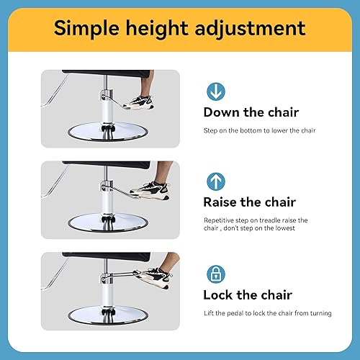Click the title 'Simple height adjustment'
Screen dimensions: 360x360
[x=180, y=30]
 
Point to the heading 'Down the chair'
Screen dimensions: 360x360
[x=250, y=112]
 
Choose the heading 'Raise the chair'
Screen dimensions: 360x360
[x=249, y=202]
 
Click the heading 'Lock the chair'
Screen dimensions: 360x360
[x=247, y=294]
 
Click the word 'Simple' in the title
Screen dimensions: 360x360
[x=86, y=30]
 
